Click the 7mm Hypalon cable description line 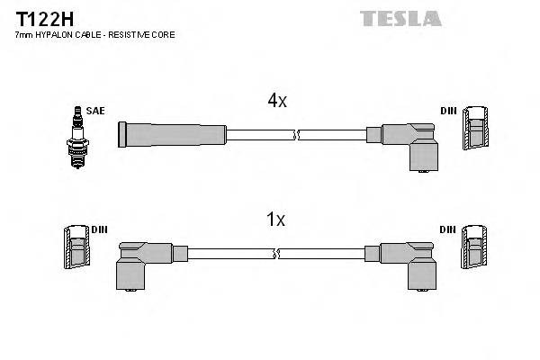point(94,34)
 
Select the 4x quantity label point(276,102)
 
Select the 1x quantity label point(276,219)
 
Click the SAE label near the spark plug point(96,110)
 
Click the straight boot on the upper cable point(171,135)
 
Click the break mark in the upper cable point(295,136)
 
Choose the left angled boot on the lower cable point(139,261)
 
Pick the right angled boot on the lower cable point(409,261)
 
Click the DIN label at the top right point(447,111)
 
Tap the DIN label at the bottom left point(99,229)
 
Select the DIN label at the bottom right point(447,229)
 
